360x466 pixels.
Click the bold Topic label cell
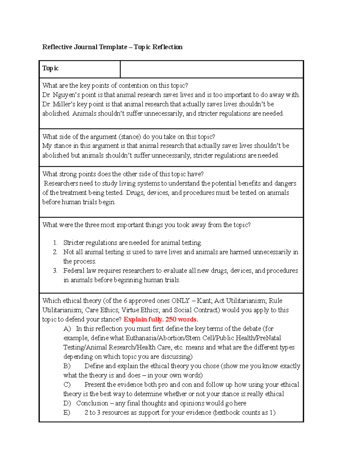point(50,68)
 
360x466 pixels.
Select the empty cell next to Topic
point(211,69)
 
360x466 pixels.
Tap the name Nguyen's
point(66,95)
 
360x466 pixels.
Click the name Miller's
point(64,104)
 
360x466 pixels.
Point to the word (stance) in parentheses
point(130,137)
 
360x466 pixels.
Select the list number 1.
point(55,243)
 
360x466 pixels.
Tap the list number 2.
point(55,252)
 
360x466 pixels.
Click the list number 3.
point(55,271)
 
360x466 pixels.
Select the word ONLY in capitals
point(180,301)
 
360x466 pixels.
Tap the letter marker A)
point(67,329)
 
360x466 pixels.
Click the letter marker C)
point(67,385)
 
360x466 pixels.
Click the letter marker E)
point(67,413)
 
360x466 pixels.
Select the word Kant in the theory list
point(204,301)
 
